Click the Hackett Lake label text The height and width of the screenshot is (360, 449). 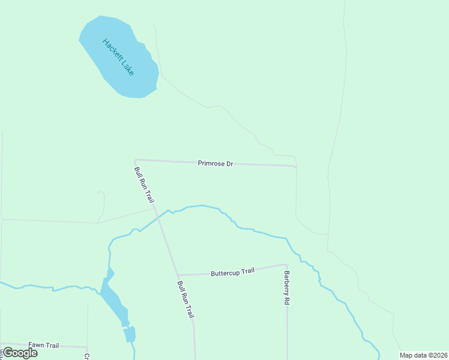118,57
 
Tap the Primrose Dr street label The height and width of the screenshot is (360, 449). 215,163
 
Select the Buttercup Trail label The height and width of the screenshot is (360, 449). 232,272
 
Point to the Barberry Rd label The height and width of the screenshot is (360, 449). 287,289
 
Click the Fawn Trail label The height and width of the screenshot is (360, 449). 44,345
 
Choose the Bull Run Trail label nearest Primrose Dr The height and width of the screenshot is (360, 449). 145,185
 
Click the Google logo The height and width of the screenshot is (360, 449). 20,352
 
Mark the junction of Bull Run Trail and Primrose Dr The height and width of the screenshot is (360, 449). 136,160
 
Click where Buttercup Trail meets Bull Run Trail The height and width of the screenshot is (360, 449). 178,275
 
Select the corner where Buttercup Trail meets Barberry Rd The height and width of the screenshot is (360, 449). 286,265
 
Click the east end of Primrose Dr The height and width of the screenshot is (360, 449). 296,166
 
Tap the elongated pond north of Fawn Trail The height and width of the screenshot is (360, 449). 113,300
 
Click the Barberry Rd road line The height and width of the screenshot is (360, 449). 287,324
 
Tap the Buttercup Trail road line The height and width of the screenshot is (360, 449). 198,274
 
